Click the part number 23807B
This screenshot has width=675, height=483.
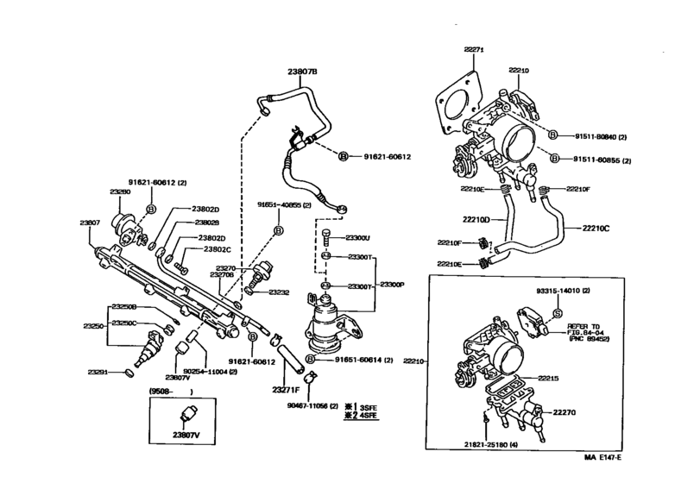303,72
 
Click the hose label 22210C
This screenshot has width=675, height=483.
595,229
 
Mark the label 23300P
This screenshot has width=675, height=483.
393,283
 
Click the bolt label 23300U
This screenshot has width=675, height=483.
357,237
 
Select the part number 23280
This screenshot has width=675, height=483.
119,191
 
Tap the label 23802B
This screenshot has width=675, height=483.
205,223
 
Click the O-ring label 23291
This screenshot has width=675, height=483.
98,372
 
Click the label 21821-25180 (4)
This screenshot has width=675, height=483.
492,444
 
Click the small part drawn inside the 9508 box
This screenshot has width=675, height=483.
186,414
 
